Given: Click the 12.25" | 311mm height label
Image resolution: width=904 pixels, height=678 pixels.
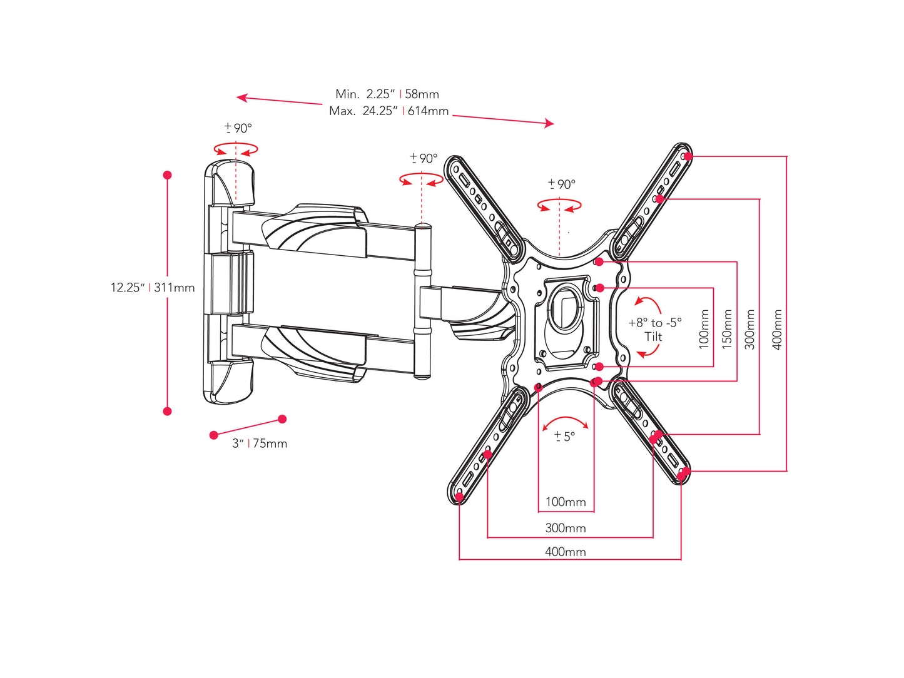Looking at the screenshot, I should click(x=153, y=288).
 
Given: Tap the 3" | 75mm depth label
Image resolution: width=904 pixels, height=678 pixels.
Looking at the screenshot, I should click(x=260, y=443).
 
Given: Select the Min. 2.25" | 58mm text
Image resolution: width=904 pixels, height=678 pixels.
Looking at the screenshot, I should click(x=387, y=94).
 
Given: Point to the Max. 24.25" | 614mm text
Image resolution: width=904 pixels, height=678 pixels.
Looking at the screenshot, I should click(x=389, y=111).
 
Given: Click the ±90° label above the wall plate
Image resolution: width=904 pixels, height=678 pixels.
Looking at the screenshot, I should click(x=238, y=128).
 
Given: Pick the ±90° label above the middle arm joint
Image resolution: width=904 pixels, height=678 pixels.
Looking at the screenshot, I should click(x=424, y=158).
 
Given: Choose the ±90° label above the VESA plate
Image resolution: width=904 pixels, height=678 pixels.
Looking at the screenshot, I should click(x=562, y=184).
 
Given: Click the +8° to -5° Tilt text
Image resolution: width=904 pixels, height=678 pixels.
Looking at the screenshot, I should click(x=654, y=330).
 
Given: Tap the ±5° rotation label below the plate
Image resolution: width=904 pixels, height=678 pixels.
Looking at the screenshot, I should click(x=564, y=437).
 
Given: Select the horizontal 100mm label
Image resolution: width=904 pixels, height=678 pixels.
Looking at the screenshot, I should click(x=566, y=502).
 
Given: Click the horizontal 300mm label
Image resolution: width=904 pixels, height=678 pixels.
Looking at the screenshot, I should click(x=566, y=528).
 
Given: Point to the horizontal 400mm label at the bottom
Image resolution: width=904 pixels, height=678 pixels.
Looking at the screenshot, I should click(x=566, y=552).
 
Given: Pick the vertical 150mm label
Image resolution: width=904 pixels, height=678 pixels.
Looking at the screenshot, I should click(x=727, y=329).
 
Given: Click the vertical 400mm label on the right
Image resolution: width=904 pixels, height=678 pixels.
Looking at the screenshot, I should click(x=777, y=329).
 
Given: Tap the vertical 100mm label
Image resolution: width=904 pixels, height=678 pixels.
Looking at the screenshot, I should click(x=704, y=329).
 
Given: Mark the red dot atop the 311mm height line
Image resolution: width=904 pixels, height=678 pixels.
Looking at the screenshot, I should click(x=167, y=175).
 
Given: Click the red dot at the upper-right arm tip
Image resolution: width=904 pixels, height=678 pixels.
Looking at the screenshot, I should click(x=688, y=156).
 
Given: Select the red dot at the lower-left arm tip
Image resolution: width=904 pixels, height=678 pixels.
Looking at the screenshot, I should click(x=459, y=497).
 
